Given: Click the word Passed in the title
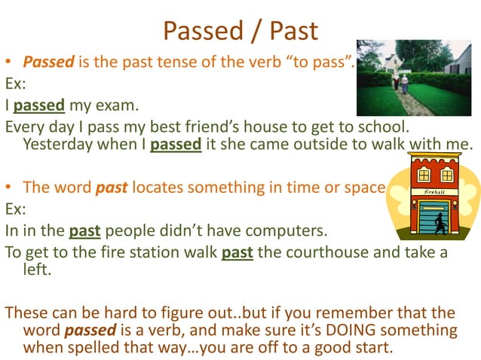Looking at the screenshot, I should (202, 31).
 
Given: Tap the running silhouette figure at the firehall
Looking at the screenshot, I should (440, 222).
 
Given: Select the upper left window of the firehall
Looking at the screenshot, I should (424, 175).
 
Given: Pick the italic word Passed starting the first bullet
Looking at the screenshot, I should (47, 61).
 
